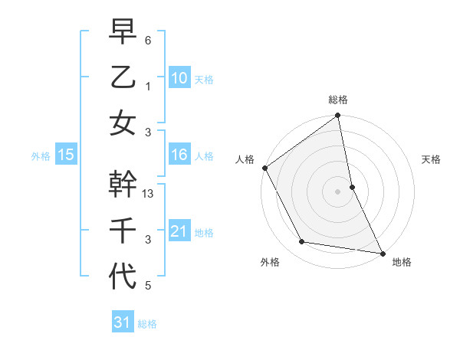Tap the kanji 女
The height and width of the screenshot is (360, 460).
click(x=123, y=123)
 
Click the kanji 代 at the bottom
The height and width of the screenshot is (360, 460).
click(x=123, y=276)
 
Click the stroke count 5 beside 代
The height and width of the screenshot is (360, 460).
click(x=147, y=286)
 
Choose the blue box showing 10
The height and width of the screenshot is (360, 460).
click(x=179, y=78)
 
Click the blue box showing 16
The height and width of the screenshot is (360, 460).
click(x=179, y=155)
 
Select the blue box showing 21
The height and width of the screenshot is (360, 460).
click(x=179, y=231)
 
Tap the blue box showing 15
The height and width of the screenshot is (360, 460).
click(x=66, y=155)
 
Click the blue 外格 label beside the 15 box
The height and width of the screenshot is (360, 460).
click(x=41, y=156)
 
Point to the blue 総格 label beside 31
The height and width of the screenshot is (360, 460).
click(x=147, y=324)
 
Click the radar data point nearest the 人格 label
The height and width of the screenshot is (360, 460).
click(x=264, y=168)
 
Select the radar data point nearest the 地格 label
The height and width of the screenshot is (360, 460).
click(x=382, y=253)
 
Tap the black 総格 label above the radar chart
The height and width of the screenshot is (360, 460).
click(x=338, y=100)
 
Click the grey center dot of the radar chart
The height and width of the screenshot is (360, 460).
click(x=337, y=191)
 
